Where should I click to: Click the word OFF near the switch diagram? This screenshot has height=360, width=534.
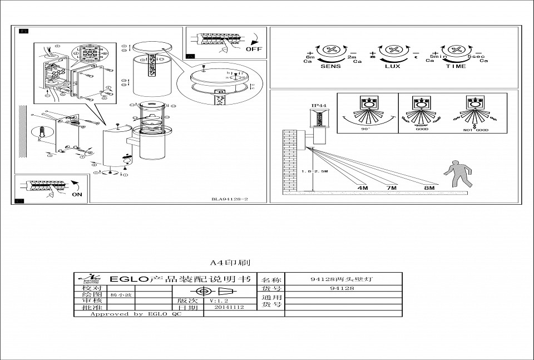254,49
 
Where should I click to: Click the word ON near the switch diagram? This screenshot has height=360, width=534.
77,195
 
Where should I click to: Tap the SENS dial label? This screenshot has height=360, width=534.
330,66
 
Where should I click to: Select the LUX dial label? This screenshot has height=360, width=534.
393,66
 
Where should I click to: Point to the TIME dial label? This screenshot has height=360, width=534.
456,66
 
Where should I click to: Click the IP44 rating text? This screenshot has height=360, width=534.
318,105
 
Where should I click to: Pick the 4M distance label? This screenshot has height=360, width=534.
363,188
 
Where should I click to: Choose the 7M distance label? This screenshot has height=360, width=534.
392,188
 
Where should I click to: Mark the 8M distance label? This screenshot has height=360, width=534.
429,188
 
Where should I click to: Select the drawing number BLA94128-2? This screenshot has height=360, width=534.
229,199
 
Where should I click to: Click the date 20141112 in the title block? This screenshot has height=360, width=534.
229,307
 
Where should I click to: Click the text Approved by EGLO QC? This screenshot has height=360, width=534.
136,314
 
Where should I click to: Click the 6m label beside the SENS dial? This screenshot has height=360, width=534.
310,57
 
